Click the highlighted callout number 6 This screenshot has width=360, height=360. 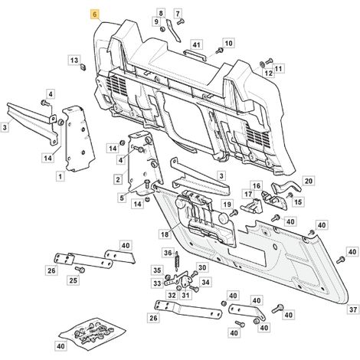(x=95, y=15)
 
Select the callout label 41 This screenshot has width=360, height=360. (x=196, y=45)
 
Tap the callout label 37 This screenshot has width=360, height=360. (x=353, y=309)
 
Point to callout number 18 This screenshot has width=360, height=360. (x=165, y=234)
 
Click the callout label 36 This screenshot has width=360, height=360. (x=168, y=253)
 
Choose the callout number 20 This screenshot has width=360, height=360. (x=309, y=181)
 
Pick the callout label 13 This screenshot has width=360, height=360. (x=74, y=61)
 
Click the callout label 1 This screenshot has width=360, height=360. (x=61, y=177)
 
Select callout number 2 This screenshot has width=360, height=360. (x=118, y=179)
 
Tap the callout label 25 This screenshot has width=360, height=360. (x=74, y=280)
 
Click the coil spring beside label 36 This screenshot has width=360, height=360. (x=177, y=260)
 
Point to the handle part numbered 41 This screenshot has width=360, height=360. (x=195, y=55)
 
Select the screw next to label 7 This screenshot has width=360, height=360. (x=180, y=22)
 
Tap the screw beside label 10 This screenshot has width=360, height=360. (x=219, y=51)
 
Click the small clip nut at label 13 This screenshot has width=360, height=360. (x=83, y=67)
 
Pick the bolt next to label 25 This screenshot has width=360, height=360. (x=80, y=269)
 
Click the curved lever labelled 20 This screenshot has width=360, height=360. (x=286, y=186)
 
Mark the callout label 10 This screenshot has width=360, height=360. (x=228, y=44)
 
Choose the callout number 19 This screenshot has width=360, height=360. (x=227, y=205)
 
